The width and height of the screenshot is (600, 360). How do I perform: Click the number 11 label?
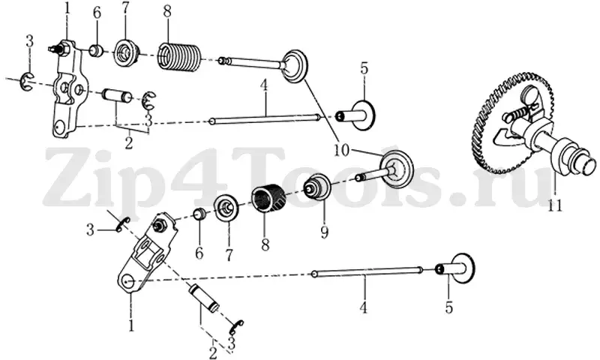[555, 206]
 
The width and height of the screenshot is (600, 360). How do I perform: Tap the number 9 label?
[325, 232]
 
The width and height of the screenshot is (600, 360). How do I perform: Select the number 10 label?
[342, 151]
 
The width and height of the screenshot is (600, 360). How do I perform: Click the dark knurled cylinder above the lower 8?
[266, 198]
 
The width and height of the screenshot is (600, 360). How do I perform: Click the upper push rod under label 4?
[265, 120]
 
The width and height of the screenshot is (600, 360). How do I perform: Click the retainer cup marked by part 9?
[316, 186]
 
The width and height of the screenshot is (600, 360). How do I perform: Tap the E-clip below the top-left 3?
[28, 81]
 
